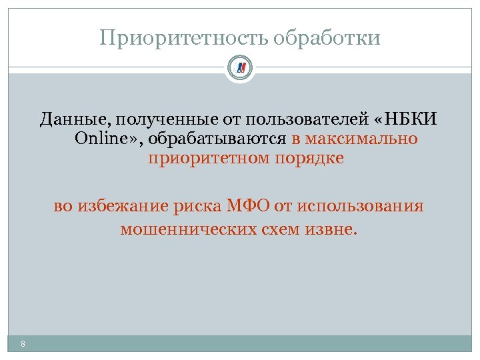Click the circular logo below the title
click(240, 67)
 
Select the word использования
click(361, 206)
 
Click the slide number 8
click(23, 344)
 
